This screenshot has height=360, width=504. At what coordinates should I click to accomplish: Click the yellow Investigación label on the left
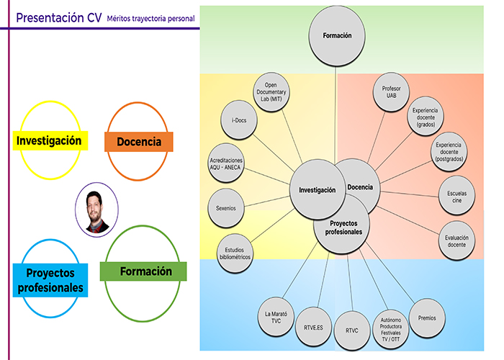[49, 140]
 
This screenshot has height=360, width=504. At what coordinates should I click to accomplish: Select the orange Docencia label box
[139, 142]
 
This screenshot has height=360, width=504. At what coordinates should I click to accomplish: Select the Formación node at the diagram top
[337, 35]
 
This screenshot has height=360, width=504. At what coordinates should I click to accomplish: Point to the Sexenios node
[226, 208]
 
